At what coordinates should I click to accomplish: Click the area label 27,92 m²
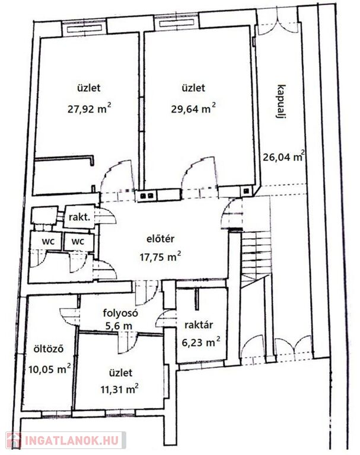pos(89,109)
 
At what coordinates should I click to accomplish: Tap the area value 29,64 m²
pos(193,109)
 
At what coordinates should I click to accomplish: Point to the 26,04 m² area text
pos(284,156)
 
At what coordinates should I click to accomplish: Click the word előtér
pos(160,239)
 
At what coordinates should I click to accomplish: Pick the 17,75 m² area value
pos(160,257)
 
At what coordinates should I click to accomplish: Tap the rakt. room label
pos(79,217)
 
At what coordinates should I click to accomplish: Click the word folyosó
pos(120,313)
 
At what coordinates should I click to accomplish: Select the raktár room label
pos(199,325)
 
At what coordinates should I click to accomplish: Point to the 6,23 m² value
pos(201,342)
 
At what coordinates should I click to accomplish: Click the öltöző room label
pos(48,349)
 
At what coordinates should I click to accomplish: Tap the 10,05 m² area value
pos(50,369)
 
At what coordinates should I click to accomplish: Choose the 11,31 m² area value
pos(119,390)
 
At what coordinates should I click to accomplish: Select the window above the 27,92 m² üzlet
pos(84,28)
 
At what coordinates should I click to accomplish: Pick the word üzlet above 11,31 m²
pos(121,373)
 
